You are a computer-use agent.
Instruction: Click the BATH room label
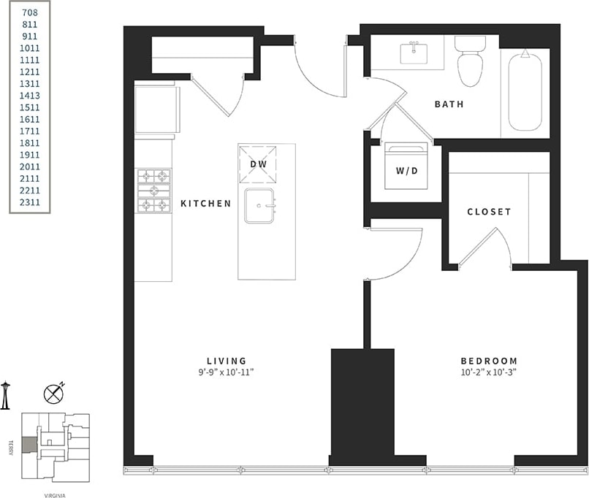coord(449,104)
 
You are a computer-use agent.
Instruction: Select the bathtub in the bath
coord(525,91)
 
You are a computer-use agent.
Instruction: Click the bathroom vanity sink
coord(413,53)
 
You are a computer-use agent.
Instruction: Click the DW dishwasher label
coord(259,164)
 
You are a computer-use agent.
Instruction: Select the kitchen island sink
coord(259,205)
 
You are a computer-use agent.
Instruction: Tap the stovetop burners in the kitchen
coord(153,191)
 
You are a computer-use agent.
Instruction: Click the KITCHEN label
coord(205,204)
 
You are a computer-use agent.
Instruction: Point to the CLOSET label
coord(489,212)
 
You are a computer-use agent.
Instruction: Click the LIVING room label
coord(226,361)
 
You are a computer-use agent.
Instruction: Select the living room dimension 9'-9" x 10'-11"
coord(226,372)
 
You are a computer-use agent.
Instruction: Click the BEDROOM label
coord(488,361)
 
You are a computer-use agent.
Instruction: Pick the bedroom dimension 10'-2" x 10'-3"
coord(488,372)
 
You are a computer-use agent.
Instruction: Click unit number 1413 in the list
coord(30,95)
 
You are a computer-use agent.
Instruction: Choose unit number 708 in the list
coord(30,12)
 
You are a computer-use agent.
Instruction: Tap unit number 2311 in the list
coord(30,202)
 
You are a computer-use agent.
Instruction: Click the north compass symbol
coord(54,394)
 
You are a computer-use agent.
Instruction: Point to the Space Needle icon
coord(5,395)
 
